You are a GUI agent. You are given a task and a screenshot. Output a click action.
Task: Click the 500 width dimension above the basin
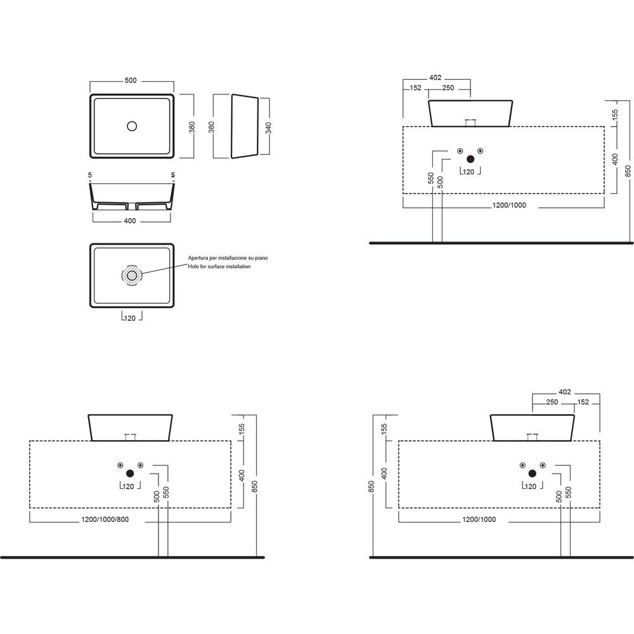131,81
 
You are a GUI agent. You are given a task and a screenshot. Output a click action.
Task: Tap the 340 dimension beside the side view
268,128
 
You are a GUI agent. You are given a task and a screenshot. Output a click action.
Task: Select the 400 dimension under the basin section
130,221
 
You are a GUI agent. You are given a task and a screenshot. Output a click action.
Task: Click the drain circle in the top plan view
132,126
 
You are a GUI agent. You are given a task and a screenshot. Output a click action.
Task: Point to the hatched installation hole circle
132,275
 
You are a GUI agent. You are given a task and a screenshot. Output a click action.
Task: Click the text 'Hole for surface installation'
219,266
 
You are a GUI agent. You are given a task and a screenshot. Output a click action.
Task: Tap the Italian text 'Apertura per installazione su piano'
228,257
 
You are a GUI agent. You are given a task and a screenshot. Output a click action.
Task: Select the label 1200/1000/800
105,520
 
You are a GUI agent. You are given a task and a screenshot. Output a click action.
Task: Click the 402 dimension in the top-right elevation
435,77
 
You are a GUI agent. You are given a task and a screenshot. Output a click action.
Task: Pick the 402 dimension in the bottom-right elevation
565,392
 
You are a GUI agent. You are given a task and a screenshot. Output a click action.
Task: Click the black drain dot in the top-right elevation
470,159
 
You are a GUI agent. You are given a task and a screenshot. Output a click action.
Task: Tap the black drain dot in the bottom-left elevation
130,474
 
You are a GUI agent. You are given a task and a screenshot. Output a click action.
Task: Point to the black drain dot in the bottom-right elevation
532,474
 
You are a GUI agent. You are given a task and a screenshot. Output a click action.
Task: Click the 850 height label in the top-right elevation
628,171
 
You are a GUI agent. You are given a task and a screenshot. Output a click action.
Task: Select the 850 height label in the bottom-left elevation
254,486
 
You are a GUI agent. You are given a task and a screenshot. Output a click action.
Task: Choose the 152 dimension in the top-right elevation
415,87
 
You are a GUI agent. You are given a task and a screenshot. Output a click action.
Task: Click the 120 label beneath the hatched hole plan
130,318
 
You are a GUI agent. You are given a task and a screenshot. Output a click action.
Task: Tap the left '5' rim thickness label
90,175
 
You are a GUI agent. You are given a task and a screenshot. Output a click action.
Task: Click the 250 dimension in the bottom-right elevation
552,402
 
